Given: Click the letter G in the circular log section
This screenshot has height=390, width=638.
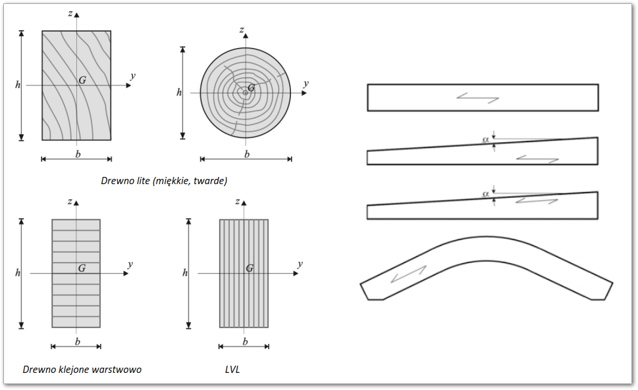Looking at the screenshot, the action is [x=252, y=87].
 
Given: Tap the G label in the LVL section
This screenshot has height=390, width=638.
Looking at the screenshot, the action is [x=250, y=268].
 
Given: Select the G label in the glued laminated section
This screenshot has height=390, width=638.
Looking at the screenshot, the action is [x=82, y=268].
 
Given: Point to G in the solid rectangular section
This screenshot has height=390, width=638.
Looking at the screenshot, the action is [x=82, y=80].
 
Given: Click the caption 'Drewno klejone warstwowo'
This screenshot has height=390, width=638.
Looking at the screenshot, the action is [x=82, y=369].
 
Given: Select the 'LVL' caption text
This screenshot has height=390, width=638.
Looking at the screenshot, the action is [x=232, y=369].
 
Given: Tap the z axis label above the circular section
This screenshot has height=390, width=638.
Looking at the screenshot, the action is [x=242, y=30].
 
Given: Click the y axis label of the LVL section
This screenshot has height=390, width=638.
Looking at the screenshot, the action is [x=300, y=264].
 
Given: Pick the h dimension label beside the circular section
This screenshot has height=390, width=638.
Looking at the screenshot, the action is [x=179, y=93].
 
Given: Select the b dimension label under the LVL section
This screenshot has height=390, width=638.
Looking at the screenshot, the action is [x=245, y=341].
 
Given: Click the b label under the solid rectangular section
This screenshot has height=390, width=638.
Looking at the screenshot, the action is [x=78, y=154].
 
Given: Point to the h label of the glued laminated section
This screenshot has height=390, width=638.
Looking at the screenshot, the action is [x=18, y=272].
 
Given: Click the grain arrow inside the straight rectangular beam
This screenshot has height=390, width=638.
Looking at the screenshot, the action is [x=478, y=98].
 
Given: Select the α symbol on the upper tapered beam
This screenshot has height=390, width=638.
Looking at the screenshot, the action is [x=485, y=139].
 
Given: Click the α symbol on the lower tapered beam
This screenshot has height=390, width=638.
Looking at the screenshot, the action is [x=485, y=194].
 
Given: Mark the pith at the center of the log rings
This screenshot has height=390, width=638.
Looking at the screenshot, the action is [x=246, y=93].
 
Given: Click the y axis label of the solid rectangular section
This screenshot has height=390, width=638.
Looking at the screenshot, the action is [x=132, y=76].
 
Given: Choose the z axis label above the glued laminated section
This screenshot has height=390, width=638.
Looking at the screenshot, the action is [x=70, y=201].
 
